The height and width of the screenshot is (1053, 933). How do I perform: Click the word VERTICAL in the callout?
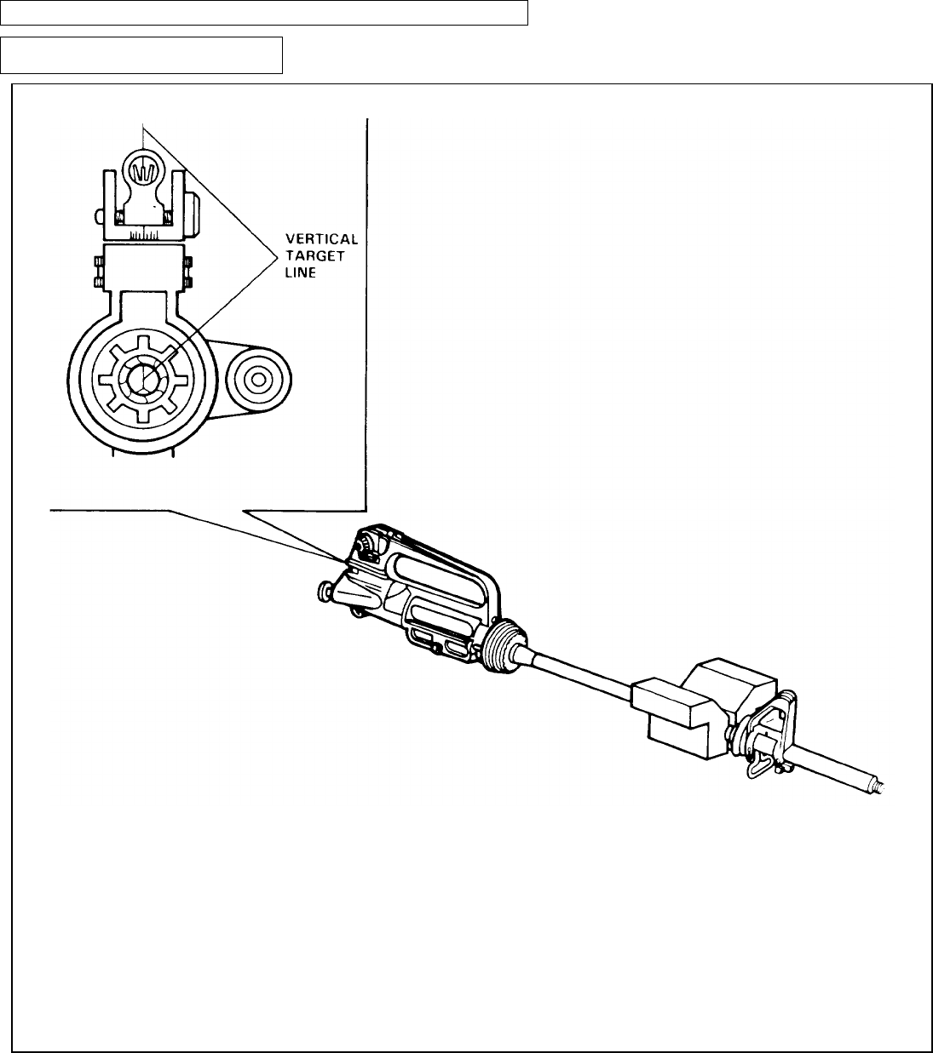pyautogui.click(x=321, y=240)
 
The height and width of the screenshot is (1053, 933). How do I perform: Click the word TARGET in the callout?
pyautogui.click(x=315, y=255)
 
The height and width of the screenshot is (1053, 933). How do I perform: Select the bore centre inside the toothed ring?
pyautogui.click(x=145, y=375)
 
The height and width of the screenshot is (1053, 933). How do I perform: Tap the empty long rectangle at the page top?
pyautogui.click(x=264, y=13)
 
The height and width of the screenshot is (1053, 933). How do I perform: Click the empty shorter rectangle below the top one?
pyautogui.click(x=141, y=55)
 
